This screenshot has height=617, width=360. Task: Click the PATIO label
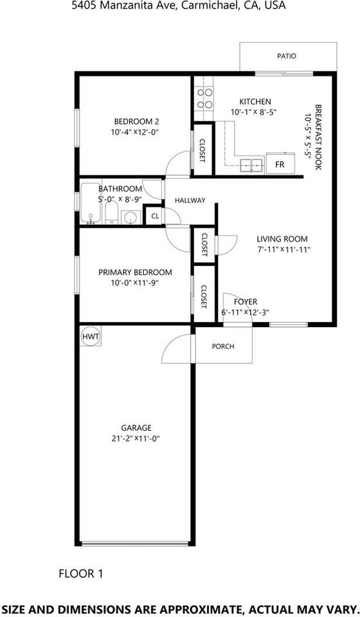pyautogui.click(x=287, y=56)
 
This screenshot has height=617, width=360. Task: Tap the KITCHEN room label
pyautogui.click(x=255, y=102)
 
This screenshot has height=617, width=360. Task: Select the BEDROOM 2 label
pyautogui.click(x=136, y=121)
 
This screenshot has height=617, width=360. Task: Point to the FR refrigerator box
pyautogui.click(x=280, y=164)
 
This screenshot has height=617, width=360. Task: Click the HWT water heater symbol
pyautogui.click(x=89, y=337)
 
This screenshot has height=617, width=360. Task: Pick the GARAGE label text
pyautogui.click(x=136, y=427)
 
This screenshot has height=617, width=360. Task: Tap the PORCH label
pyautogui.click(x=223, y=346)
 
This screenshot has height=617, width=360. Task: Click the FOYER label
pyautogui.click(x=246, y=301)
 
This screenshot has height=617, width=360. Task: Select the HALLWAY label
pyautogui.click(x=190, y=201)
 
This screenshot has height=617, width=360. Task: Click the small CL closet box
pyautogui.click(x=154, y=216)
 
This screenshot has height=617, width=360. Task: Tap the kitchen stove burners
pyautogui.click(x=205, y=98)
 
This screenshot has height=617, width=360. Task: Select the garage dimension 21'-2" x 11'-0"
pyautogui.click(x=136, y=439)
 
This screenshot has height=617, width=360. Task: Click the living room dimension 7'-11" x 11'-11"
pyautogui.click(x=283, y=249)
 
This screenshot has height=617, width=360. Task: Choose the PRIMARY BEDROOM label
pyautogui.click(x=135, y=272)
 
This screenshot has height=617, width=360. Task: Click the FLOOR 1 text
pyautogui.click(x=80, y=573)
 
